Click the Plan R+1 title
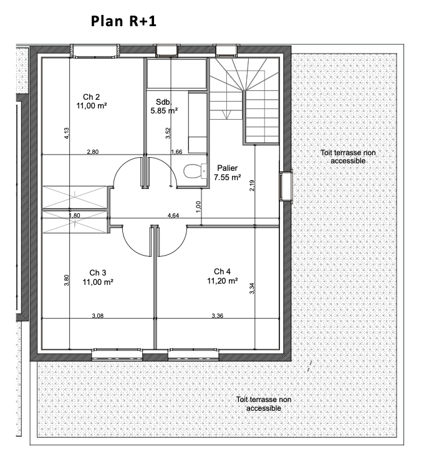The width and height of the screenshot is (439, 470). [123, 21]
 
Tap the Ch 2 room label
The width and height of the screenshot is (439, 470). [92, 97]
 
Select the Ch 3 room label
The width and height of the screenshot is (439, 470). [98, 273]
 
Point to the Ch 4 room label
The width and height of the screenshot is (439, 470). [222, 272]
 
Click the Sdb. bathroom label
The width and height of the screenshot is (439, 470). [164, 102]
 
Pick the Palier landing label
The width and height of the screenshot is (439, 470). [228, 168]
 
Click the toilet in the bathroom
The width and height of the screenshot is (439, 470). [195, 171]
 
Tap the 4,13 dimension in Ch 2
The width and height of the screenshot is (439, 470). [67, 133]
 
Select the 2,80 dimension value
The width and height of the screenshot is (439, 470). [93, 152]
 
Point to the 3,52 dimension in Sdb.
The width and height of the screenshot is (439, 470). [168, 133]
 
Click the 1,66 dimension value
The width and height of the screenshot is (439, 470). [176, 152]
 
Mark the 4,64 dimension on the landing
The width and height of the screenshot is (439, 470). [173, 216]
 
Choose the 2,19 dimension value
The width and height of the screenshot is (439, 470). [252, 185]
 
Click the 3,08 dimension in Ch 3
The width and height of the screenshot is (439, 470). [98, 315]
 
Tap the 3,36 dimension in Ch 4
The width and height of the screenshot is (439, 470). [218, 315]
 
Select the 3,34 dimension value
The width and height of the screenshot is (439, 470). [252, 289]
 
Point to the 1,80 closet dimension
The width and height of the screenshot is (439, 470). [75, 216]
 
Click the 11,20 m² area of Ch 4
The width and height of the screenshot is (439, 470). [222, 281]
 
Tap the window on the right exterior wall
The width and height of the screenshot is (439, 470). [286, 186]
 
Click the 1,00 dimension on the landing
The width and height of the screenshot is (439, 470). [198, 207]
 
